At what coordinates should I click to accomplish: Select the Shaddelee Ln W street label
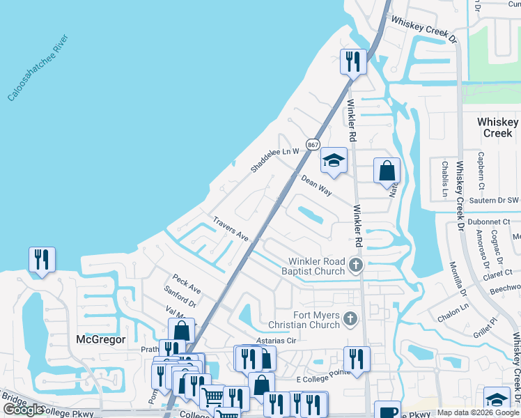click(x=275, y=160)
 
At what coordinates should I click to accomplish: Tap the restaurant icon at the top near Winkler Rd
click(x=353, y=61)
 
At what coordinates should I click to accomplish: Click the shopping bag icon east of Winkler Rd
click(x=387, y=171)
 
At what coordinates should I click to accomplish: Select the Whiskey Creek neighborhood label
click(x=497, y=127)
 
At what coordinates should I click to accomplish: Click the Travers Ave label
click(x=231, y=228)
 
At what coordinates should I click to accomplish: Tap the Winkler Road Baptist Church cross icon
click(x=356, y=265)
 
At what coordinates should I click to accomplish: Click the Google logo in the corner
click(x=23, y=410)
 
